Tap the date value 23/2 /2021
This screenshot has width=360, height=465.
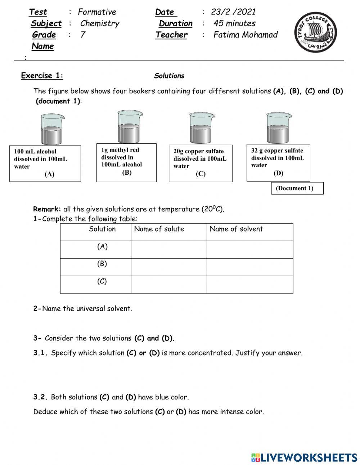pos(233,12)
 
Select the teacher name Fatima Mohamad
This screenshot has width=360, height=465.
pos(246,35)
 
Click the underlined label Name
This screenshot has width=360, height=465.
pos(42,46)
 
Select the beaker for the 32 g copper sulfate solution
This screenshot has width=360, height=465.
pos(279,128)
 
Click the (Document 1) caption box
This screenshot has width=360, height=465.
pos(297,188)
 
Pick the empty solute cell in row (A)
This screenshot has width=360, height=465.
pos(168,250)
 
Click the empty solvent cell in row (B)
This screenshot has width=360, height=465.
pos(249,267)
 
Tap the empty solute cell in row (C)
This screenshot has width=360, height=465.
pos(168,285)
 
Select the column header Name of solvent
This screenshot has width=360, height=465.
pos(237,229)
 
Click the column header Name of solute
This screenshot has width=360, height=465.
pos(159,229)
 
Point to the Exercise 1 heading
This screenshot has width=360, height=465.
pos(42,76)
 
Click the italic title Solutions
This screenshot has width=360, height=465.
pos(169,76)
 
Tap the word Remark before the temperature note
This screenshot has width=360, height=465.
pos(47,209)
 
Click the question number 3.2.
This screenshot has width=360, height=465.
pos(41,397)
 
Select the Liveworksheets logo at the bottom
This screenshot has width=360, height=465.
pos(304,457)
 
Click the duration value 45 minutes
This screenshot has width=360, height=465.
pos(234,23)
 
